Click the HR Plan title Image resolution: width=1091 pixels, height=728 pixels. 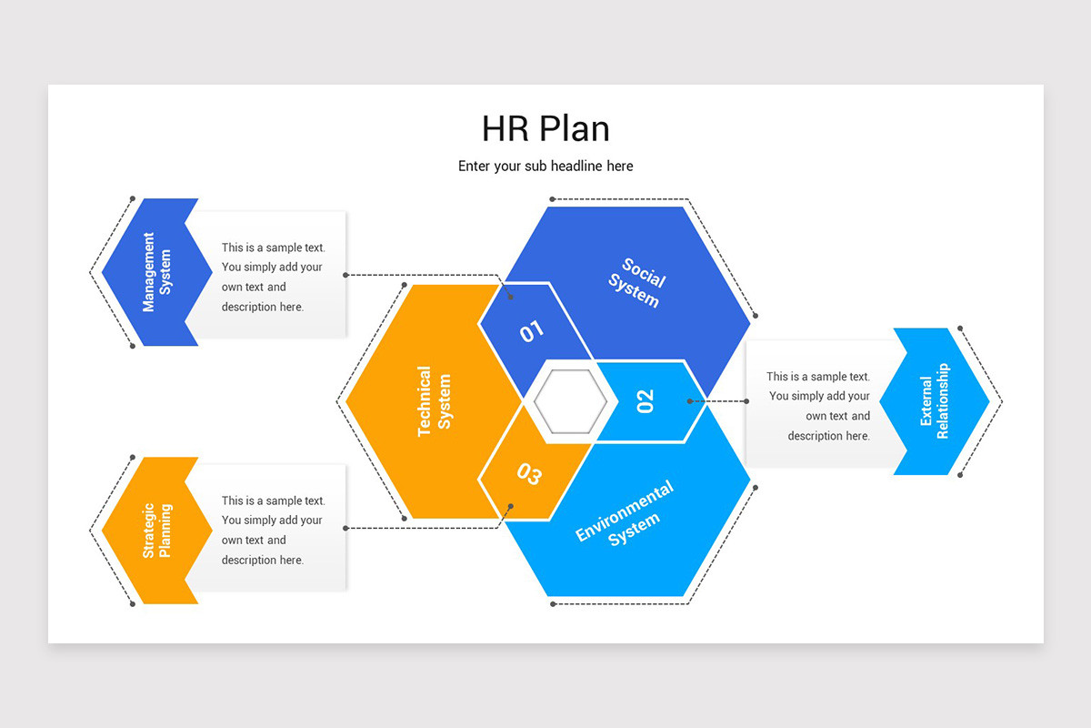click(x=545, y=128)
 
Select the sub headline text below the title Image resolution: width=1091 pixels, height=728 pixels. click(x=545, y=166)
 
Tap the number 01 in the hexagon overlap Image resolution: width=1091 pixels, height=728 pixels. click(x=532, y=331)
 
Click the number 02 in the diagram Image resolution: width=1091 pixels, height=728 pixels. click(x=646, y=400)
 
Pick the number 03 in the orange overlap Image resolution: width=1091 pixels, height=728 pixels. click(x=529, y=474)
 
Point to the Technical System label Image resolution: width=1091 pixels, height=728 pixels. click(x=434, y=401)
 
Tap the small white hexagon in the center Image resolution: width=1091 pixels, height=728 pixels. click(x=570, y=401)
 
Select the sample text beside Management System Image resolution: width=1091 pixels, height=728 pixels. click(x=272, y=277)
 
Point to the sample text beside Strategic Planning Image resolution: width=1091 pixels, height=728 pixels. click(x=272, y=530)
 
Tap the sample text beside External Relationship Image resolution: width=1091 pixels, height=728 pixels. click(x=818, y=406)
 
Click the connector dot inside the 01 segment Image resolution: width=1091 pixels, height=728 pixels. click(x=511, y=297)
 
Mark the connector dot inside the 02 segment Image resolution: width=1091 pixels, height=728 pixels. click(x=690, y=400)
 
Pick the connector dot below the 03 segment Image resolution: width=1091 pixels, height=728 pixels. click(x=511, y=506)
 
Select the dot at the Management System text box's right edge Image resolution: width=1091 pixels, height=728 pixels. click(x=345, y=274)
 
